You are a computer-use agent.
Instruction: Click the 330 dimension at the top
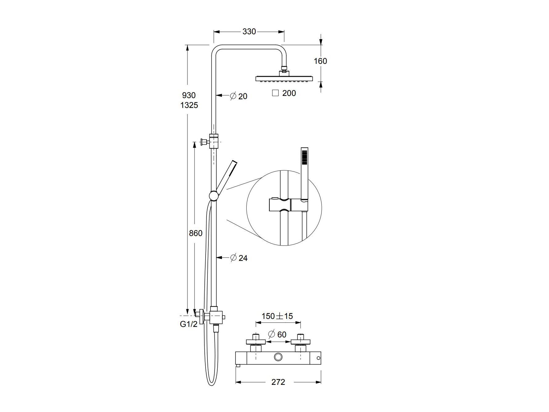point(249,31)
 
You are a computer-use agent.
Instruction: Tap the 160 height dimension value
point(320,61)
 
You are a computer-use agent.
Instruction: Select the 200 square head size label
point(289,93)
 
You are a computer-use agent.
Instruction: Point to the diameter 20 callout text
point(239,96)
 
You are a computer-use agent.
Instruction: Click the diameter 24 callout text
point(239,258)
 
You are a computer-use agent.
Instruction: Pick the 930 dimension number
point(189,95)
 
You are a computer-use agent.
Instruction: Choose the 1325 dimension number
point(189,105)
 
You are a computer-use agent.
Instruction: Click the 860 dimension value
point(196,233)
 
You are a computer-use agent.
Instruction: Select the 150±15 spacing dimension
point(277,316)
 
